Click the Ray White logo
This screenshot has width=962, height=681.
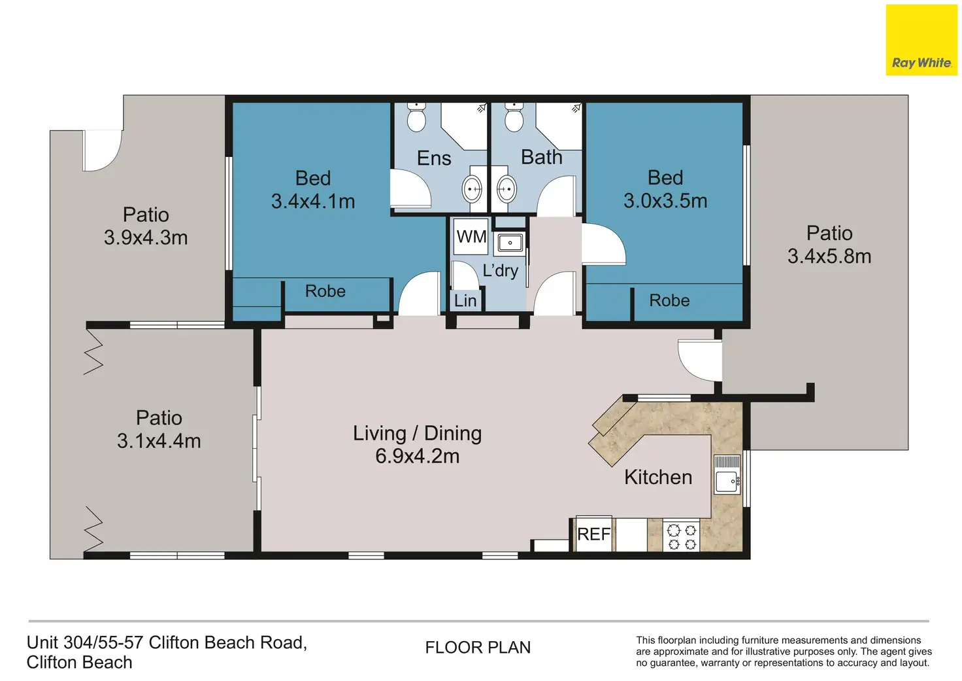[921, 40]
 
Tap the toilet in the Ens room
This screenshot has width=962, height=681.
[416, 117]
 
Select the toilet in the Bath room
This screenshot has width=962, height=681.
[514, 117]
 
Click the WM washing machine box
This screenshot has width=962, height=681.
[471, 236]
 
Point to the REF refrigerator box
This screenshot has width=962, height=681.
[594, 534]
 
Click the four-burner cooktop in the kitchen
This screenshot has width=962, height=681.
[682, 536]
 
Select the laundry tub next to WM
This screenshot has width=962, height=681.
[510, 243]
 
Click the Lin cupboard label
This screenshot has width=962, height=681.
[465, 300]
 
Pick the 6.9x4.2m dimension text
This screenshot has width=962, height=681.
[418, 456]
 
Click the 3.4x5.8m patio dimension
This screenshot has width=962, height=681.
[829, 256]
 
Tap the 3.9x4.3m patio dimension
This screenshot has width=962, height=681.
[146, 237]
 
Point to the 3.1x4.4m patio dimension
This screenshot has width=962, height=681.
[159, 441]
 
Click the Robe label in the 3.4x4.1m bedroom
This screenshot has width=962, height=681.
[325, 291]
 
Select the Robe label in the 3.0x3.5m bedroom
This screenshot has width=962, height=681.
[669, 300]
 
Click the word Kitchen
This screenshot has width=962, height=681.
[658, 477]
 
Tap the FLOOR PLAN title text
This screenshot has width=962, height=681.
[478, 648]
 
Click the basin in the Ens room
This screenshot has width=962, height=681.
[472, 189]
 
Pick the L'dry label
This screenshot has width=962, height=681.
[501, 270]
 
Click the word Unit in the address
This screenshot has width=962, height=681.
[42, 643]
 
